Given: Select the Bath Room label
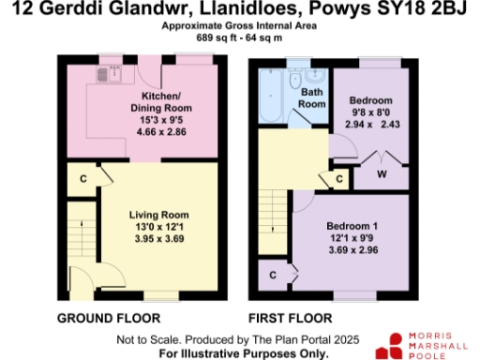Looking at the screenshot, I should (312, 98).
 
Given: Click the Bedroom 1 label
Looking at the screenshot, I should (352, 226).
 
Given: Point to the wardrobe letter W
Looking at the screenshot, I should (382, 173).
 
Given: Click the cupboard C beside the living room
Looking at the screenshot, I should (82, 177).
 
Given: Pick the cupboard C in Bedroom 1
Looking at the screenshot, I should (272, 275).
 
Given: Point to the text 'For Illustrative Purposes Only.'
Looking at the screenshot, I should (244, 353).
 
